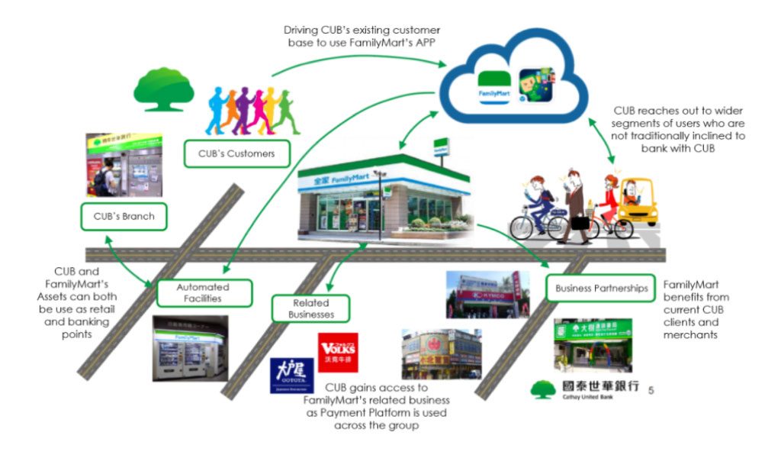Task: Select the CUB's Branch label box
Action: pyautogui.click(x=123, y=216)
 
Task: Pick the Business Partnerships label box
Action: pyautogui.click(x=601, y=289)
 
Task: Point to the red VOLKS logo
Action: pyautogui.click(x=338, y=352)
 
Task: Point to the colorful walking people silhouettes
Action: pyautogui.click(x=252, y=111)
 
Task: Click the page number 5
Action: pyautogui.click(x=651, y=391)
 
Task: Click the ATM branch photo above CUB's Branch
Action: pyautogui.click(x=124, y=164)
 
